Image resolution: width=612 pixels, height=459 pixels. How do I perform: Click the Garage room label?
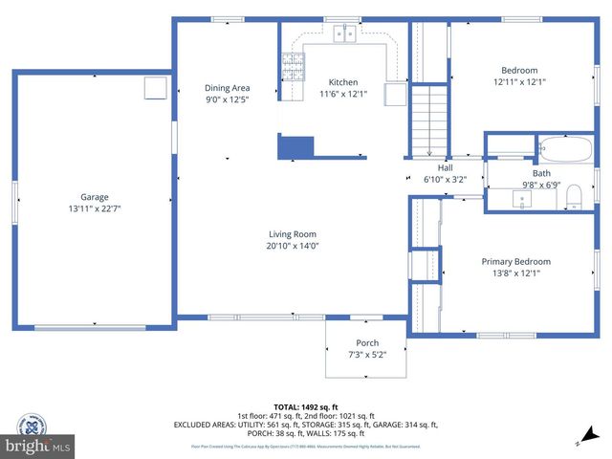pos(94,197)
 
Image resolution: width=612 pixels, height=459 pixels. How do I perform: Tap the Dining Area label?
pos(227,88)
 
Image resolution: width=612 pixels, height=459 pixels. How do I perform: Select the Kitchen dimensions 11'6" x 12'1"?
pos(343,94)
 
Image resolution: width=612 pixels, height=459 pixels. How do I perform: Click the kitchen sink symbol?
pos(345,35)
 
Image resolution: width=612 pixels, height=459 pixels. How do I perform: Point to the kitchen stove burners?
pos(291,66)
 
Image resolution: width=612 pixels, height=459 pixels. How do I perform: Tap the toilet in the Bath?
pos(573,198)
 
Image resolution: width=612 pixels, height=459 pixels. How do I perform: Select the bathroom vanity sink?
pos(523,199)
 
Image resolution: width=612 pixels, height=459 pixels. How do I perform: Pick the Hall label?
pos(445,167)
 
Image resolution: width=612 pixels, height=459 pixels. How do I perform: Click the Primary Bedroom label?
pos(515,261)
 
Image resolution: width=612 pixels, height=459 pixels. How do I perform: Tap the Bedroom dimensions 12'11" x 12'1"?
pos(519,81)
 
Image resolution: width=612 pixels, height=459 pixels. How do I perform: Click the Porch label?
pos(367,342)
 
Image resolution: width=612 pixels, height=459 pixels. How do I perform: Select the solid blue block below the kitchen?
pos(295,146)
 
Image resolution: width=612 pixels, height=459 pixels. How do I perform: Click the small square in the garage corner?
pos(155,88)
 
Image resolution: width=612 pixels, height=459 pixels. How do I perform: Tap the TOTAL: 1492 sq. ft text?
pos(305,405)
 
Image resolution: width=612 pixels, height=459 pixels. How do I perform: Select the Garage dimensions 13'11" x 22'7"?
pos(94,208)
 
